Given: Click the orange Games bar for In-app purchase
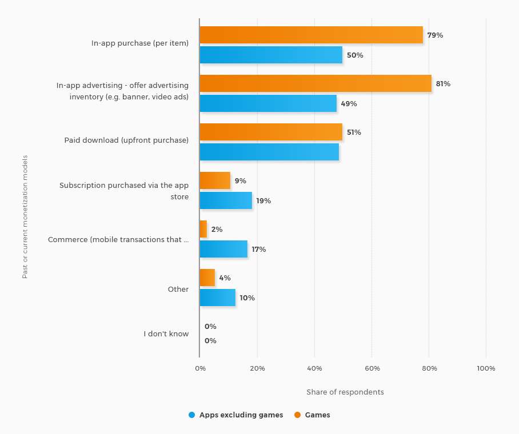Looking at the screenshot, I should coord(311,35).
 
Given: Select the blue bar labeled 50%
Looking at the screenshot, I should coord(271,55).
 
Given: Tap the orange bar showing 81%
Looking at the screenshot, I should coord(315,83).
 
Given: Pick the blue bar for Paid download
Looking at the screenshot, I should coord(269,152).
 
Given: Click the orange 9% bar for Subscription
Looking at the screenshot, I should coord(215,180).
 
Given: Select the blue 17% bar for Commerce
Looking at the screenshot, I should coord(223,249).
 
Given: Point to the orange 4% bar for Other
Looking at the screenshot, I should coord(207,278).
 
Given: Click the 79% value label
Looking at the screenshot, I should coord(435,35).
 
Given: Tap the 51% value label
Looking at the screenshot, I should coord(354,132).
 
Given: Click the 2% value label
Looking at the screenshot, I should coord(217,229).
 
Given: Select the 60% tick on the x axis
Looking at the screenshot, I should coord(372,368).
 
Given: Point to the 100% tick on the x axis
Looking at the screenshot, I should coord(486,368).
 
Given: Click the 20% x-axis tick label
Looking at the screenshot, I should coord(257,368).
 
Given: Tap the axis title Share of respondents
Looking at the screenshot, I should coord(345,392).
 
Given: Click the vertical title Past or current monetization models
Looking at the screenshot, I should coord(25,217).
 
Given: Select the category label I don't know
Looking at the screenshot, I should coord(166,333).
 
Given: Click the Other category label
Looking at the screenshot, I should coord(178,289).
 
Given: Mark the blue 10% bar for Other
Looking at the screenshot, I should coord(218,298).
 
